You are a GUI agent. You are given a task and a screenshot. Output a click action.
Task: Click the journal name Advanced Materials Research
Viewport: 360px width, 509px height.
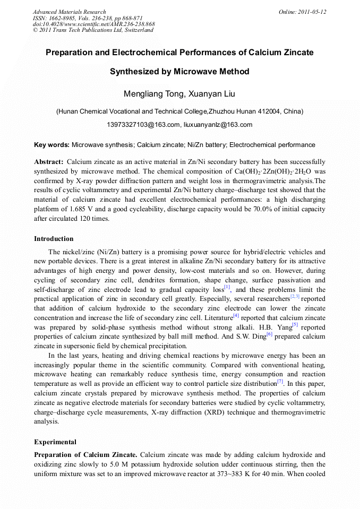click(x=69, y=12)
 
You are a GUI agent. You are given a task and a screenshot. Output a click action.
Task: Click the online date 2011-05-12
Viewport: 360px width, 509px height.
click(x=311, y=12)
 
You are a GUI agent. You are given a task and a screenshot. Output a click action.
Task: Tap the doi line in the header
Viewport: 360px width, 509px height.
click(x=93, y=24)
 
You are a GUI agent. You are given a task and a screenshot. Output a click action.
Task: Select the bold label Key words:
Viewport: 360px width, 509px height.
click(x=52, y=145)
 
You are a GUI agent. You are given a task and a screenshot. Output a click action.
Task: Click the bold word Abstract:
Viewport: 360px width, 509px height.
click(x=49, y=161)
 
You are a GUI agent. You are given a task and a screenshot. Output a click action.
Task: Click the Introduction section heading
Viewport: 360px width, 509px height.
click(x=54, y=239)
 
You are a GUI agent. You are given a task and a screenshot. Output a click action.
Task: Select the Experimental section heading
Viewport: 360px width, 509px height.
click(x=55, y=442)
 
